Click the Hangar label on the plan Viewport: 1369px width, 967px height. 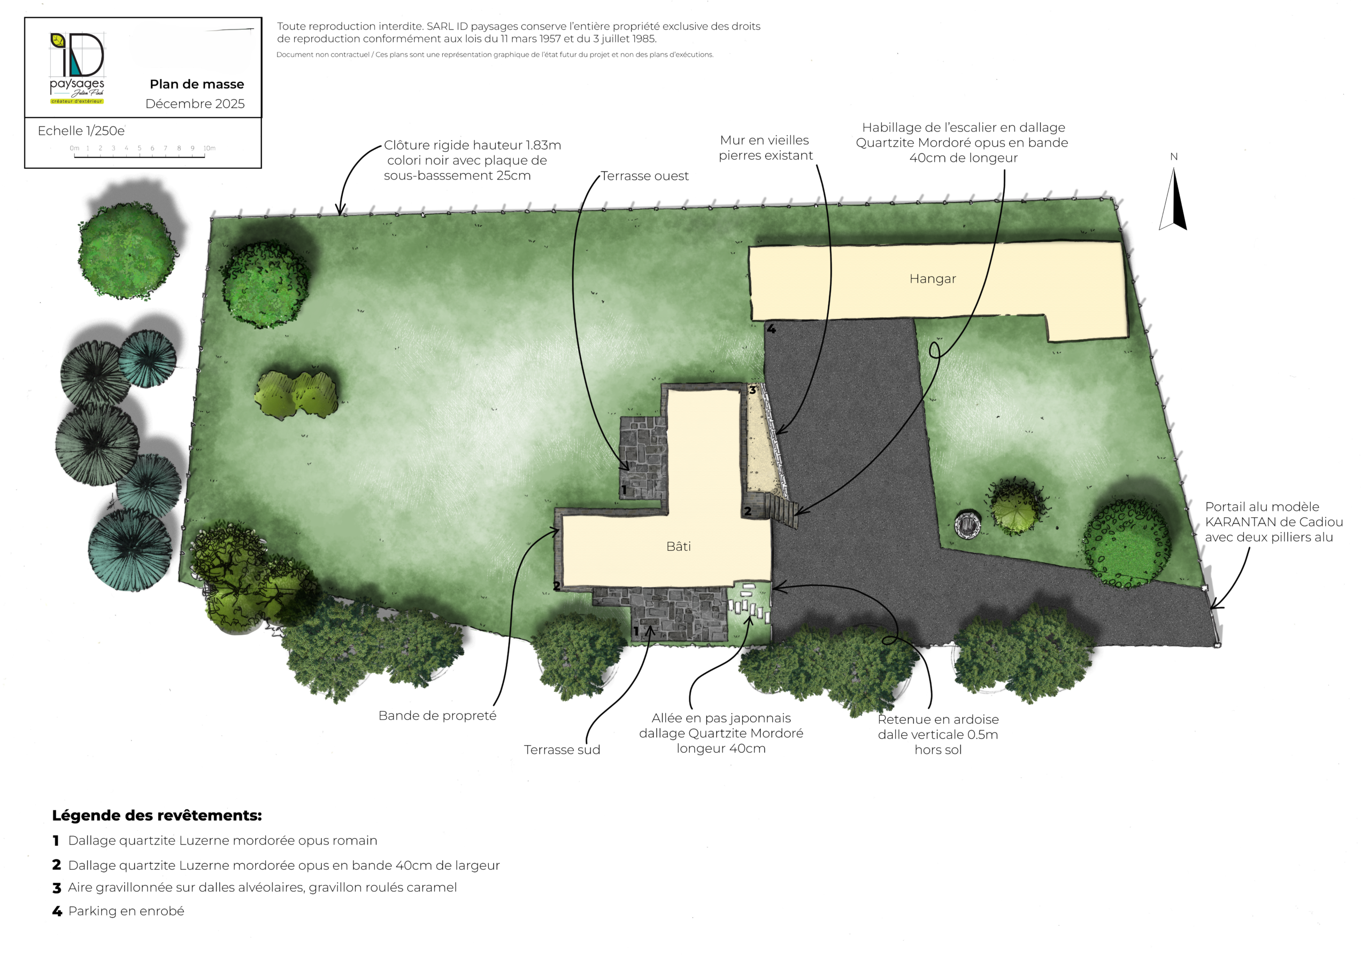tap(933, 279)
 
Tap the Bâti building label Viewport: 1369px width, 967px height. tap(679, 547)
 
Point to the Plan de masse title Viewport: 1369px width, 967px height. tap(197, 84)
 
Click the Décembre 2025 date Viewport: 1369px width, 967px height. tap(195, 104)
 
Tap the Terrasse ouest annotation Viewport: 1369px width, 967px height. tap(644, 176)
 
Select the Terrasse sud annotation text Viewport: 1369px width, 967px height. tap(562, 750)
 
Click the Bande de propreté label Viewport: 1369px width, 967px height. tap(437, 715)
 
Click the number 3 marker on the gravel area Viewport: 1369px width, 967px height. tap(752, 390)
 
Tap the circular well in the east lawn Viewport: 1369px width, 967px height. tap(968, 524)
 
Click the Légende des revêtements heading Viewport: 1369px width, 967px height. tap(157, 815)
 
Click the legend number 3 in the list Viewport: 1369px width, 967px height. tap(57, 888)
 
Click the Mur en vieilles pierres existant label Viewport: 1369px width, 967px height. tap(766, 148)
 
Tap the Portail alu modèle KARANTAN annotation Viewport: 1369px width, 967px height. tap(1274, 522)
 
